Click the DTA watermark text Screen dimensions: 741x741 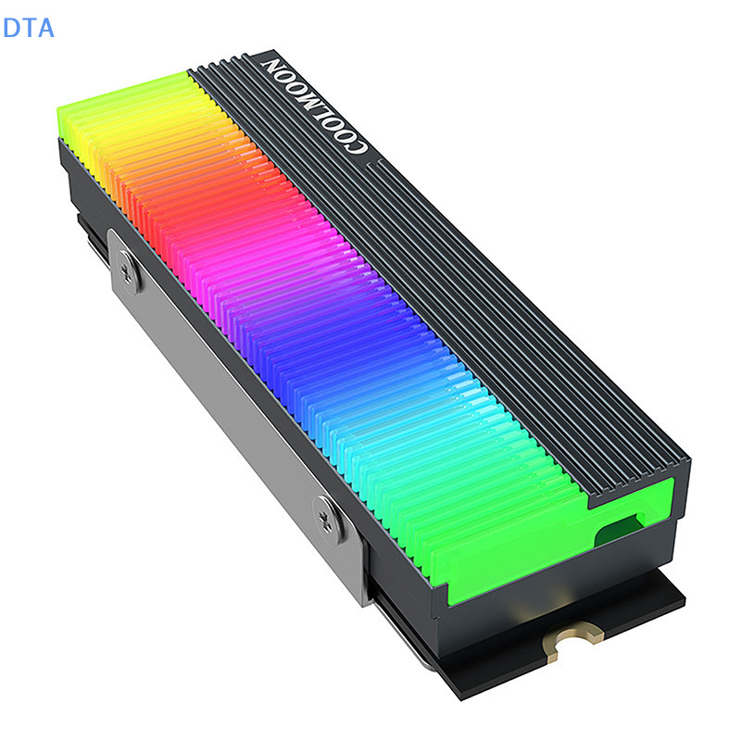[28, 28]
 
